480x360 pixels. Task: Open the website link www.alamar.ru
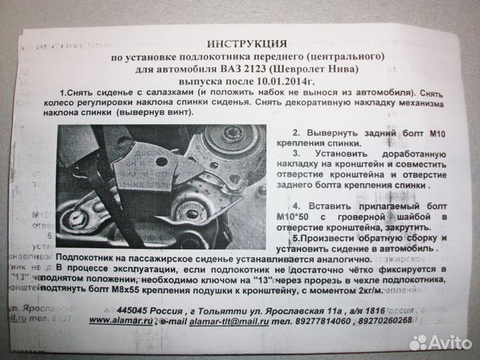(118, 321)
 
